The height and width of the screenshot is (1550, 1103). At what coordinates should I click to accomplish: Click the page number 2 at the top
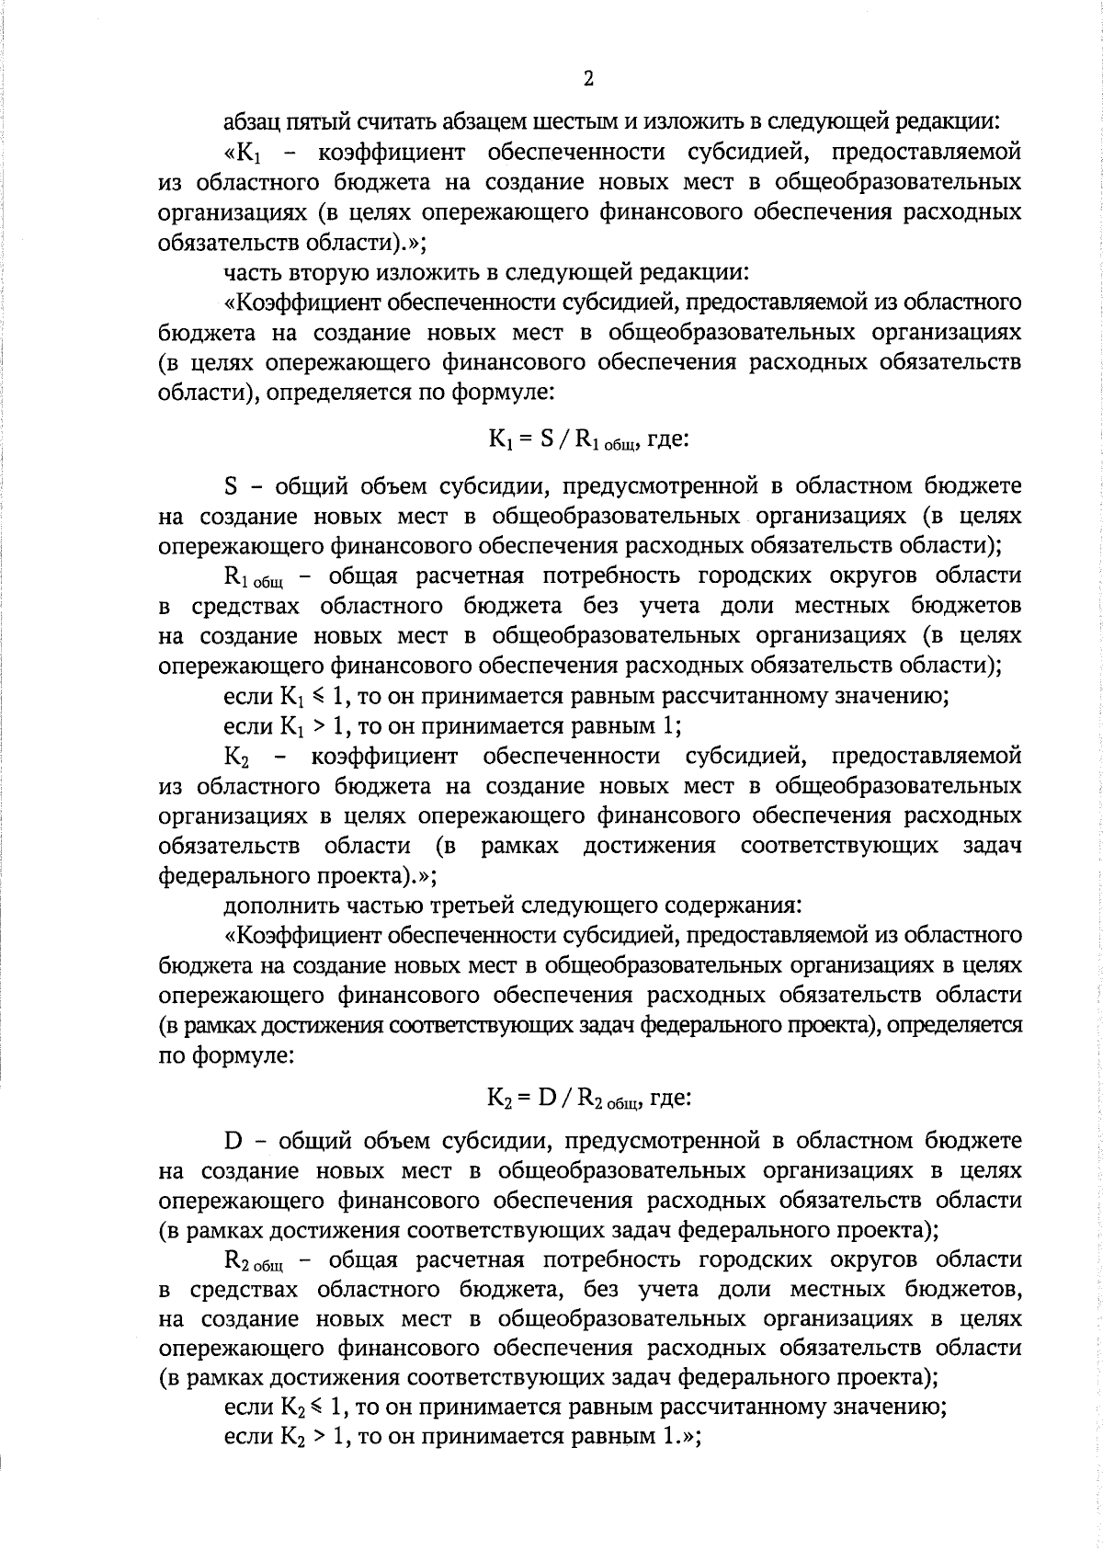point(588,79)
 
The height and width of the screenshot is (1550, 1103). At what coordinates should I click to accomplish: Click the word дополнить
point(281,906)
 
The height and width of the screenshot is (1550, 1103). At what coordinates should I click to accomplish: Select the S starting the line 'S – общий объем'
point(232,484)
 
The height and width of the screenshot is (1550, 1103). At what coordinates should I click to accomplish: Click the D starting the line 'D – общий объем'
point(233,1142)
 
